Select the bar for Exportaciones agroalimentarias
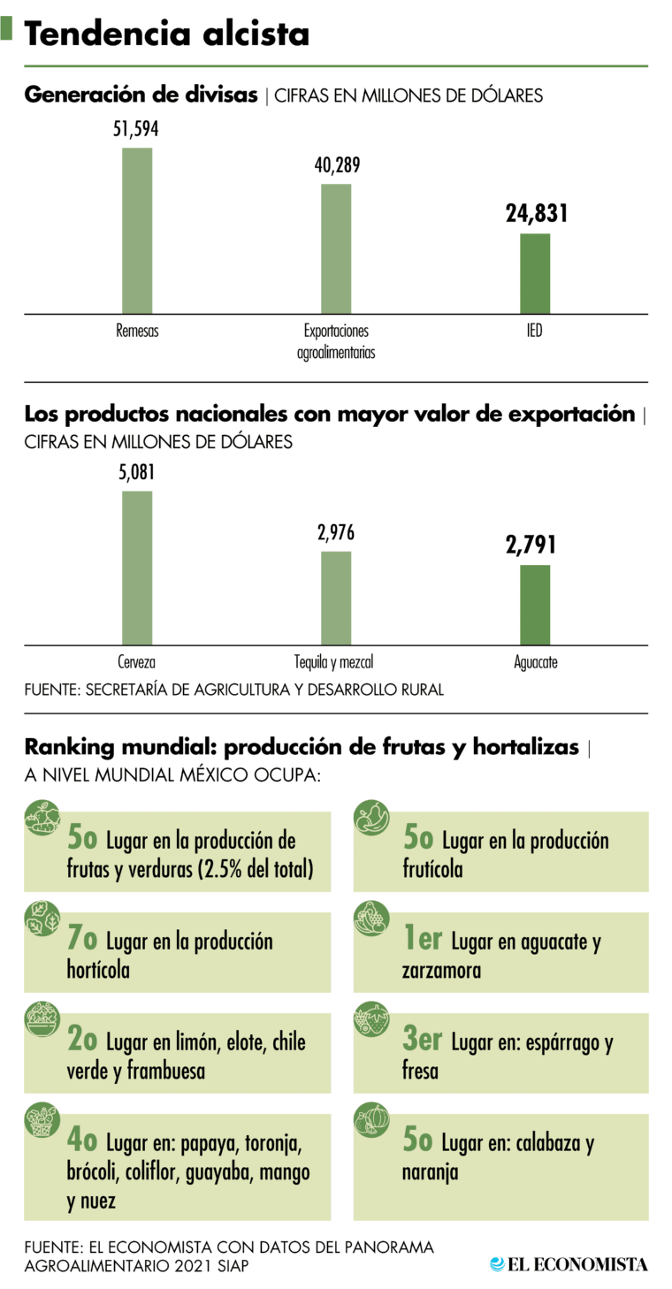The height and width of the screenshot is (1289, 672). point(336,248)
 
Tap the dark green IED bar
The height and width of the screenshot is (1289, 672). point(534,273)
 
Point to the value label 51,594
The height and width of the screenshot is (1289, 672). point(136,129)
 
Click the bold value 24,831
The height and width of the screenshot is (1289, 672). point(537,213)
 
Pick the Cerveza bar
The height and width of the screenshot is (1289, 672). point(137,568)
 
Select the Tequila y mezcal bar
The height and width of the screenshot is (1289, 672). point(336,598)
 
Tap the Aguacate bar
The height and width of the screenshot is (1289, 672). point(534,605)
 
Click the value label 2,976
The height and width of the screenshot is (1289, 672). point(336,534)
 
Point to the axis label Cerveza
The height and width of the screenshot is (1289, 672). point(137,661)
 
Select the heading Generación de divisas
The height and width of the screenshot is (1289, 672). point(141,95)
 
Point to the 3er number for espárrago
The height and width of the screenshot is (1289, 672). point(422,1041)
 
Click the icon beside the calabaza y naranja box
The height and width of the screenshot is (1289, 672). point(371,1120)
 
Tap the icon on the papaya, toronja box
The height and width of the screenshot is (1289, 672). point(41,1121)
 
